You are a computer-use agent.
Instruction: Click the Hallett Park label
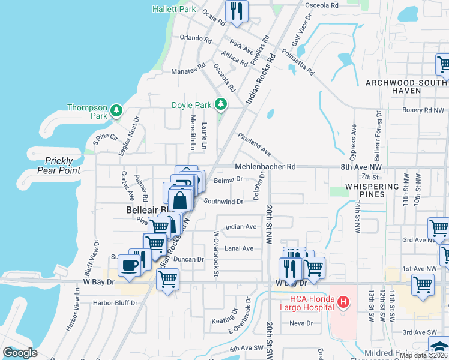click(x=174, y=10)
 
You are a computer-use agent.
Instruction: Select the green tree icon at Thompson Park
click(x=116, y=110)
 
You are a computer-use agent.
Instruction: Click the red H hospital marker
click(x=343, y=302)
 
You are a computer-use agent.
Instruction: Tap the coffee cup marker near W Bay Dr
click(x=129, y=265)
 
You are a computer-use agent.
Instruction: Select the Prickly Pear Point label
click(x=58, y=166)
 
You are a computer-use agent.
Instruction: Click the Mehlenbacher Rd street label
click(x=265, y=166)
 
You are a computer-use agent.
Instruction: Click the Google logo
click(x=20, y=353)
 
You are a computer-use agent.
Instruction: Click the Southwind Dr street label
click(x=223, y=202)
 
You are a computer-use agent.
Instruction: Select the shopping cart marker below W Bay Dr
click(x=167, y=279)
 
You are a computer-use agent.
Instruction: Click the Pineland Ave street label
click(x=254, y=145)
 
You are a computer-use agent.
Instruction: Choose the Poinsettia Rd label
click(x=294, y=62)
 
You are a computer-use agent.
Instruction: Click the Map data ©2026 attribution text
click(x=423, y=355)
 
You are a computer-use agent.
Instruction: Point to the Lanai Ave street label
click(x=239, y=248)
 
